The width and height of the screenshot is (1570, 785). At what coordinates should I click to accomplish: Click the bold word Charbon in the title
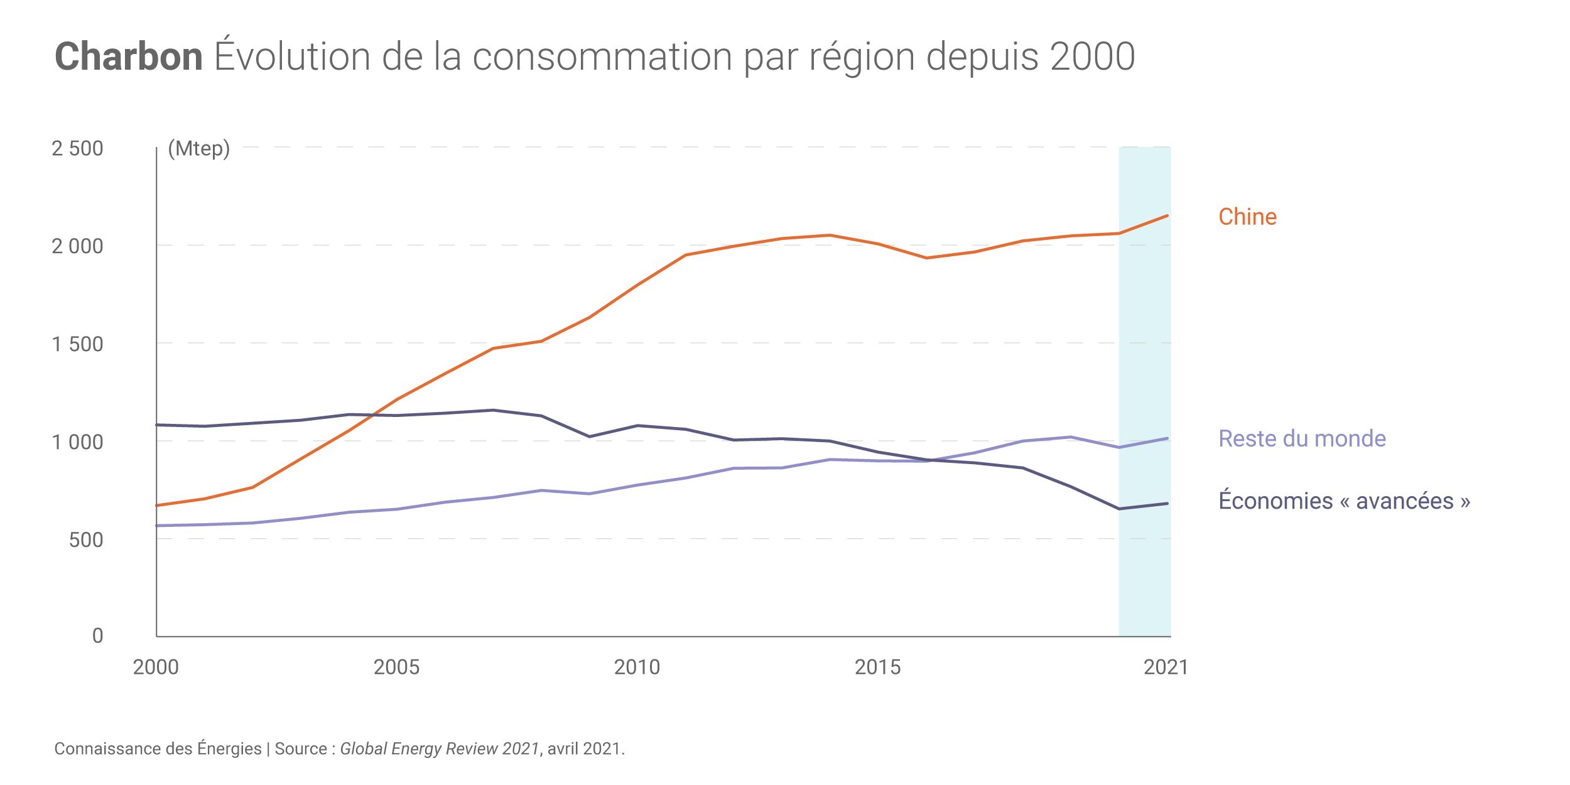[129, 57]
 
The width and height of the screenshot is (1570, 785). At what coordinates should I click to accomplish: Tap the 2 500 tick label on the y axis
[77, 149]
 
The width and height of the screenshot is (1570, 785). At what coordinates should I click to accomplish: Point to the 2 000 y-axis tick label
[77, 246]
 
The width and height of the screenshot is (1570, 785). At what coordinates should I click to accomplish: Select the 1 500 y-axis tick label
[77, 344]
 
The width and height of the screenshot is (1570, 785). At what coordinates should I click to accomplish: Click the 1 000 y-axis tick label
[77, 442]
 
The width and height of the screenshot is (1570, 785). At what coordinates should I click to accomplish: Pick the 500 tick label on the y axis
[86, 540]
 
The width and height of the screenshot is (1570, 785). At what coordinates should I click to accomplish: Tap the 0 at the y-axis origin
[97, 636]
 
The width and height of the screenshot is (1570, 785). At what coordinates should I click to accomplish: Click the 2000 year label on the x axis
[156, 667]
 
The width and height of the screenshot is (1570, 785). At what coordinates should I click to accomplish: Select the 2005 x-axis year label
[396, 667]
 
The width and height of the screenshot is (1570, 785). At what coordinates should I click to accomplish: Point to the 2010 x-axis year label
[637, 667]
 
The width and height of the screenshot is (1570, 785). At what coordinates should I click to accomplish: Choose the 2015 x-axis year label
[877, 667]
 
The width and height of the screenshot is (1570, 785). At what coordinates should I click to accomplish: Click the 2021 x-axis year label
[1166, 667]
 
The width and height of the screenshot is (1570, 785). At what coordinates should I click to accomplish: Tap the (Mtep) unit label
[199, 149]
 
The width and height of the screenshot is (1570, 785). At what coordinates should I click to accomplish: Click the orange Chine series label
[1247, 217]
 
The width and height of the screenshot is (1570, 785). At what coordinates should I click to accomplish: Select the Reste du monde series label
[1302, 438]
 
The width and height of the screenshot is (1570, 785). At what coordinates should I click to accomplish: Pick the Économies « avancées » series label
[1344, 501]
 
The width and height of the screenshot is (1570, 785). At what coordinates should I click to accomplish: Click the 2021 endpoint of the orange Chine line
[1167, 216]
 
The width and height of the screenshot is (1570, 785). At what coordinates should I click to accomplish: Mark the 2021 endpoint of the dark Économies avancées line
[1167, 504]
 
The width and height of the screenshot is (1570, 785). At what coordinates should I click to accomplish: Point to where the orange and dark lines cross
[373, 415]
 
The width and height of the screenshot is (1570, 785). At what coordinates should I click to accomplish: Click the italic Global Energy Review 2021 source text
[440, 749]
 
